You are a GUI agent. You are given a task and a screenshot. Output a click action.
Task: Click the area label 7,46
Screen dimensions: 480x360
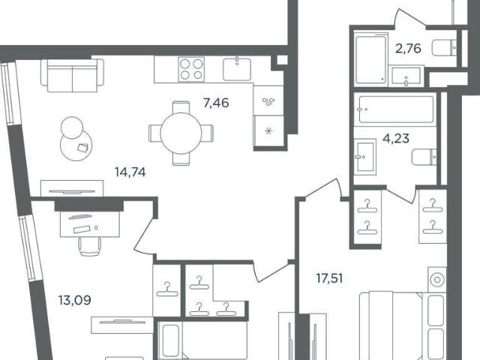click(x=216, y=103)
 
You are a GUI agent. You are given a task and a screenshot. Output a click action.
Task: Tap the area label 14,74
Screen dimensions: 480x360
click(x=130, y=172)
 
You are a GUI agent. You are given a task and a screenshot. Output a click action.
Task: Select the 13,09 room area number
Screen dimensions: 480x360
click(x=75, y=300)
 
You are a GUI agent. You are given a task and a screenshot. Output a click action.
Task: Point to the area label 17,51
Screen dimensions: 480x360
click(x=329, y=278)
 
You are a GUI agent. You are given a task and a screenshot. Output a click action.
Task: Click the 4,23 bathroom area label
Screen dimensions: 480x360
click(x=396, y=139)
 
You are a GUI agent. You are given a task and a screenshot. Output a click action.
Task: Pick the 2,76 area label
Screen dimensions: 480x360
click(x=408, y=48)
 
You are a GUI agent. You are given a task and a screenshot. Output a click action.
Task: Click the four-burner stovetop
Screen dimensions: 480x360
click(x=191, y=69)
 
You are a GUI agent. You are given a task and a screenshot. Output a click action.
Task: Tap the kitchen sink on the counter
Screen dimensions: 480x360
click(x=237, y=69)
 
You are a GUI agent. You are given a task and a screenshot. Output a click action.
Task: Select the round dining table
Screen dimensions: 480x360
click(x=181, y=133)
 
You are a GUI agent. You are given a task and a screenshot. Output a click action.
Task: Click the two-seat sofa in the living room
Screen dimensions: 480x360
click(x=72, y=75)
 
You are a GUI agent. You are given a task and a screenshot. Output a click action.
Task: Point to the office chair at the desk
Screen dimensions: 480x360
click(x=90, y=246)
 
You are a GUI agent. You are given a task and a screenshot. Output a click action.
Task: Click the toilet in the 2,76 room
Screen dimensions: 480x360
click(x=445, y=48)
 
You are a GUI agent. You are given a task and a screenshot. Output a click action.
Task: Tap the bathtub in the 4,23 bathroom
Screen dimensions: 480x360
click(x=396, y=109)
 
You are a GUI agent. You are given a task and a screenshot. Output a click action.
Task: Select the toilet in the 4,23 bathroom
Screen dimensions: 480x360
click(x=424, y=157)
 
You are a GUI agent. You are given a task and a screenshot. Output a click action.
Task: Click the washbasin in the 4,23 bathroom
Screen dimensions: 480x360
click(x=365, y=157)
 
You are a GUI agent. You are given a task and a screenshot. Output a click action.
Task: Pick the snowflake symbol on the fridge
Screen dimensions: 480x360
click(x=268, y=132)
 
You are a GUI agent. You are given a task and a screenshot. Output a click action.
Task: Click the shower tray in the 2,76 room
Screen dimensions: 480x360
click(x=371, y=58)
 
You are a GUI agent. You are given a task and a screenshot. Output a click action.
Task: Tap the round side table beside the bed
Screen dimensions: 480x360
click(x=437, y=280)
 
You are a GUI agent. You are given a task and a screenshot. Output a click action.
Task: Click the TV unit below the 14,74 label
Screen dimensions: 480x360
click(x=72, y=188)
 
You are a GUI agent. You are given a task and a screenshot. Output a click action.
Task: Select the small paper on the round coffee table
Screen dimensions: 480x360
click(x=82, y=148)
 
